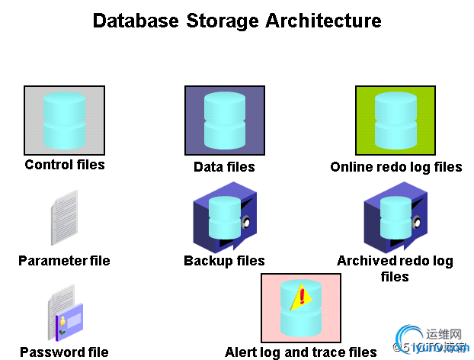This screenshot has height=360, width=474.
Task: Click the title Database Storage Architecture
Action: point(236,21)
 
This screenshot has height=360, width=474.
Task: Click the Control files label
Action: point(65,165)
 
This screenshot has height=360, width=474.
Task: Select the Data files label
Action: point(224,167)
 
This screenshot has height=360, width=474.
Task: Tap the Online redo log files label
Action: point(396,167)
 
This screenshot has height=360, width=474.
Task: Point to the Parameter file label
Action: point(64,261)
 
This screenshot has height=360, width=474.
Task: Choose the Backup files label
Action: point(224,261)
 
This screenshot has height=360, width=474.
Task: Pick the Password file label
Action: point(64,352)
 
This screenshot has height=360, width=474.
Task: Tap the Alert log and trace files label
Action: point(301,352)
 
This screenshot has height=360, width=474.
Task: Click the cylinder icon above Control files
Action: point(65,120)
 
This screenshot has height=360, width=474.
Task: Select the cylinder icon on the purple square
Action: point(224,120)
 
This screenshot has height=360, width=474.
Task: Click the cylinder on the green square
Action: point(395,120)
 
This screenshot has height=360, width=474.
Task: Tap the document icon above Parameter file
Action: point(65,217)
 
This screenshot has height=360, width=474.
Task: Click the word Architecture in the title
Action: point(323,21)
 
